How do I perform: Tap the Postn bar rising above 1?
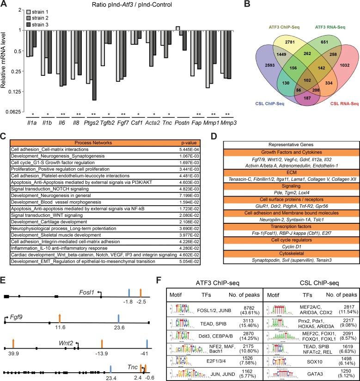coord(178,28)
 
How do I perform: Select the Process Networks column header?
coord(92,143)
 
